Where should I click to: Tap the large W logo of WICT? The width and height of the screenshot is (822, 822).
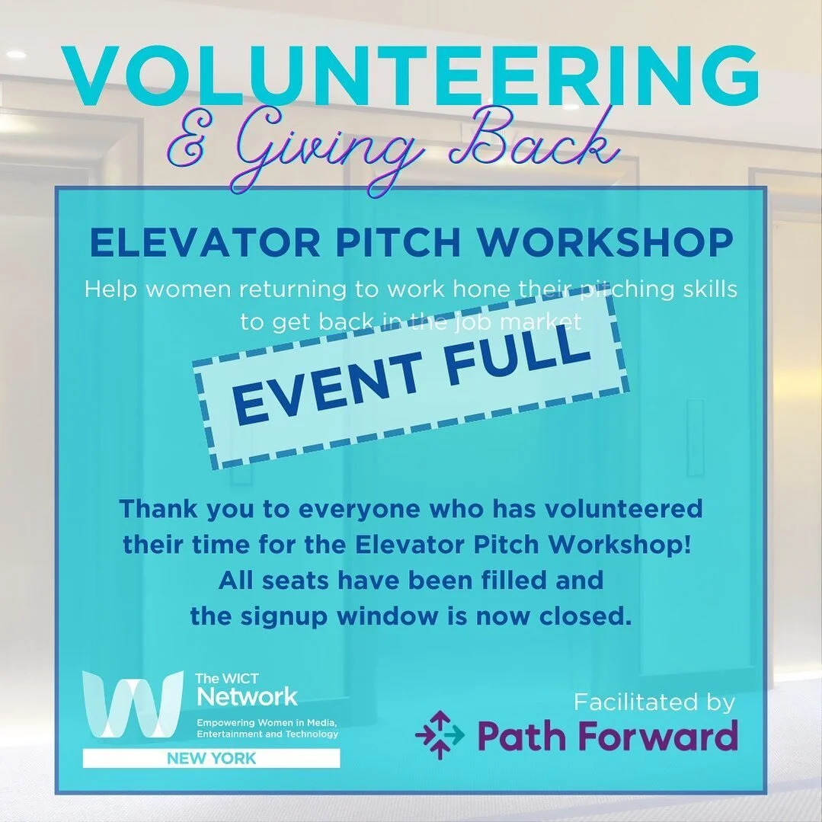133,705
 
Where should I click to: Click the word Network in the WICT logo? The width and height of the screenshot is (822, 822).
247,696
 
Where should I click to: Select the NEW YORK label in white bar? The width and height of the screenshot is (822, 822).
212,759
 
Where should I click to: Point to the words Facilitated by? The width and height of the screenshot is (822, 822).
654,701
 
